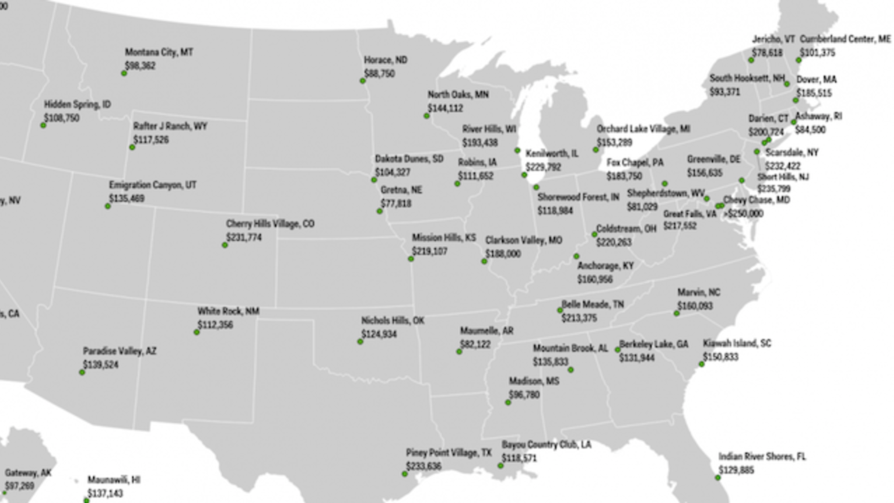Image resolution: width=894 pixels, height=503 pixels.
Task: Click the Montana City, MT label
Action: coord(159,52)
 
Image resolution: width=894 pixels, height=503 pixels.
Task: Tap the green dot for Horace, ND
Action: coord(362,81)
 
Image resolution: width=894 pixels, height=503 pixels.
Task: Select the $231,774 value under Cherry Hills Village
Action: coord(244,237)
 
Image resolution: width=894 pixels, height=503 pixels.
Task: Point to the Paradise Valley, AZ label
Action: coord(120,351)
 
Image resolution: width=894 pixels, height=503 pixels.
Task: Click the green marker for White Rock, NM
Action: coord(197,333)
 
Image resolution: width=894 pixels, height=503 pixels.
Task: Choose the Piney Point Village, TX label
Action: coord(449,453)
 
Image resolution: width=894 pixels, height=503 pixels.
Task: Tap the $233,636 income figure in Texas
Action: coord(424,466)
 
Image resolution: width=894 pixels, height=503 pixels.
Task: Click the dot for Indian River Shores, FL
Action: coord(718,478)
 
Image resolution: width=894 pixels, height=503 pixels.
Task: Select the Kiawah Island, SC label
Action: coord(737,343)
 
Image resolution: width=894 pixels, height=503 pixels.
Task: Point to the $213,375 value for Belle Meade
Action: coord(579,318)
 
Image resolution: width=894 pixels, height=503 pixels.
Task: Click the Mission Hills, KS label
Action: coord(443,238)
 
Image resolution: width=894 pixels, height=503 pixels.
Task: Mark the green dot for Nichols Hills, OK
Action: coord(360,342)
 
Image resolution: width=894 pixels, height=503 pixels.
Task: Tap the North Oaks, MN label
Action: coord(458,95)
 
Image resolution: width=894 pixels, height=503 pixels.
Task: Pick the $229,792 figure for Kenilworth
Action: coord(543,167)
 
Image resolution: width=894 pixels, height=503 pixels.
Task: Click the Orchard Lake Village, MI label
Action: coord(643,129)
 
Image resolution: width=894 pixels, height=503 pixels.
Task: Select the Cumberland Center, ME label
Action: coord(845,39)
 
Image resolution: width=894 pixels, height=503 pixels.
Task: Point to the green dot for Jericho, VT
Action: coord(751,60)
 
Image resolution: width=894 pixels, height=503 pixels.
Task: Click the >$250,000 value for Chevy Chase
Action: coord(743,214)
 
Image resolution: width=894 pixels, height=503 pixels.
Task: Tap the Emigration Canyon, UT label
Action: coord(153,185)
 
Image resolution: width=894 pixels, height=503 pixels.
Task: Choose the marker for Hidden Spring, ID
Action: coord(43,126)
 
